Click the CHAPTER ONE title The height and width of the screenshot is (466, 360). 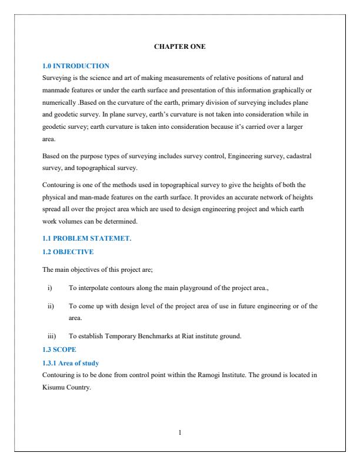180,46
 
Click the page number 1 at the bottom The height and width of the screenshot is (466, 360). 180,432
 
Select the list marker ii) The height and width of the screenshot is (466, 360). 50,305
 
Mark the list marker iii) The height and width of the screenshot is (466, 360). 51,336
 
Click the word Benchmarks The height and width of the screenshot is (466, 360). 151,336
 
